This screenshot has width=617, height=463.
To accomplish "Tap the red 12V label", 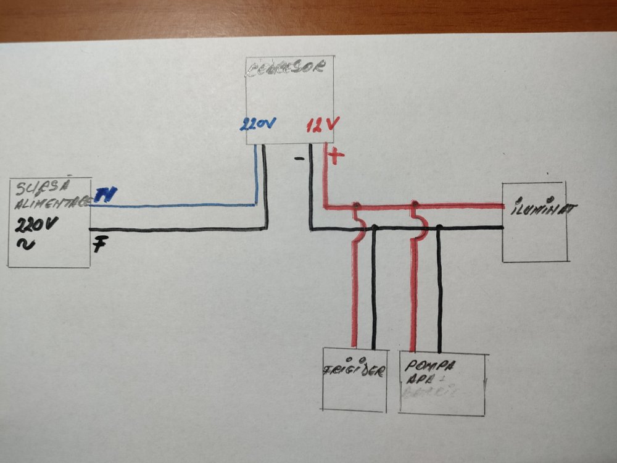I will coord(323,126).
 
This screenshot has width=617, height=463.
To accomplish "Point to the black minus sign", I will coord(299,158).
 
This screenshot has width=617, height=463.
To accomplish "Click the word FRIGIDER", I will coord(355,372).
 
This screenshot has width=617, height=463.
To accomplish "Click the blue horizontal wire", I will coord(173,206).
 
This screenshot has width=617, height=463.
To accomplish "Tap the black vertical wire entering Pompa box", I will coord(439,290).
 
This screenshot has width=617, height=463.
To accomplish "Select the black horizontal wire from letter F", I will coord(179,230).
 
